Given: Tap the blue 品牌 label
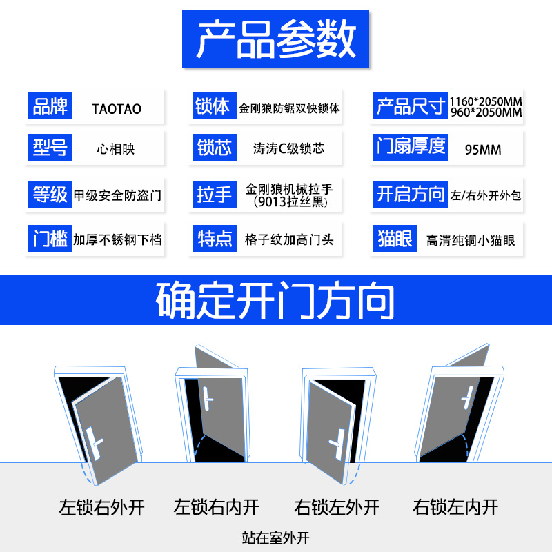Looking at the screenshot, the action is (50, 107).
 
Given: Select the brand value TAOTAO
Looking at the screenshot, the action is (117, 109).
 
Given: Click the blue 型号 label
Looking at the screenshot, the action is (50, 147).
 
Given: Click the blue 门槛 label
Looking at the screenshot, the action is (50, 239).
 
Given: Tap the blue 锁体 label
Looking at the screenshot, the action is (213, 107).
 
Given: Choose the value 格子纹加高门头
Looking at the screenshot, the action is (289, 240).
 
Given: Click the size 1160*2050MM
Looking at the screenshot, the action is (486, 102).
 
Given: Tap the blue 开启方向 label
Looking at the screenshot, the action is (411, 194).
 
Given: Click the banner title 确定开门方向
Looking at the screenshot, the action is (276, 300).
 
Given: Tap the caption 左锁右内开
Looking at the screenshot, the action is (217, 508).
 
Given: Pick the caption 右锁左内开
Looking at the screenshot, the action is (455, 508).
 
